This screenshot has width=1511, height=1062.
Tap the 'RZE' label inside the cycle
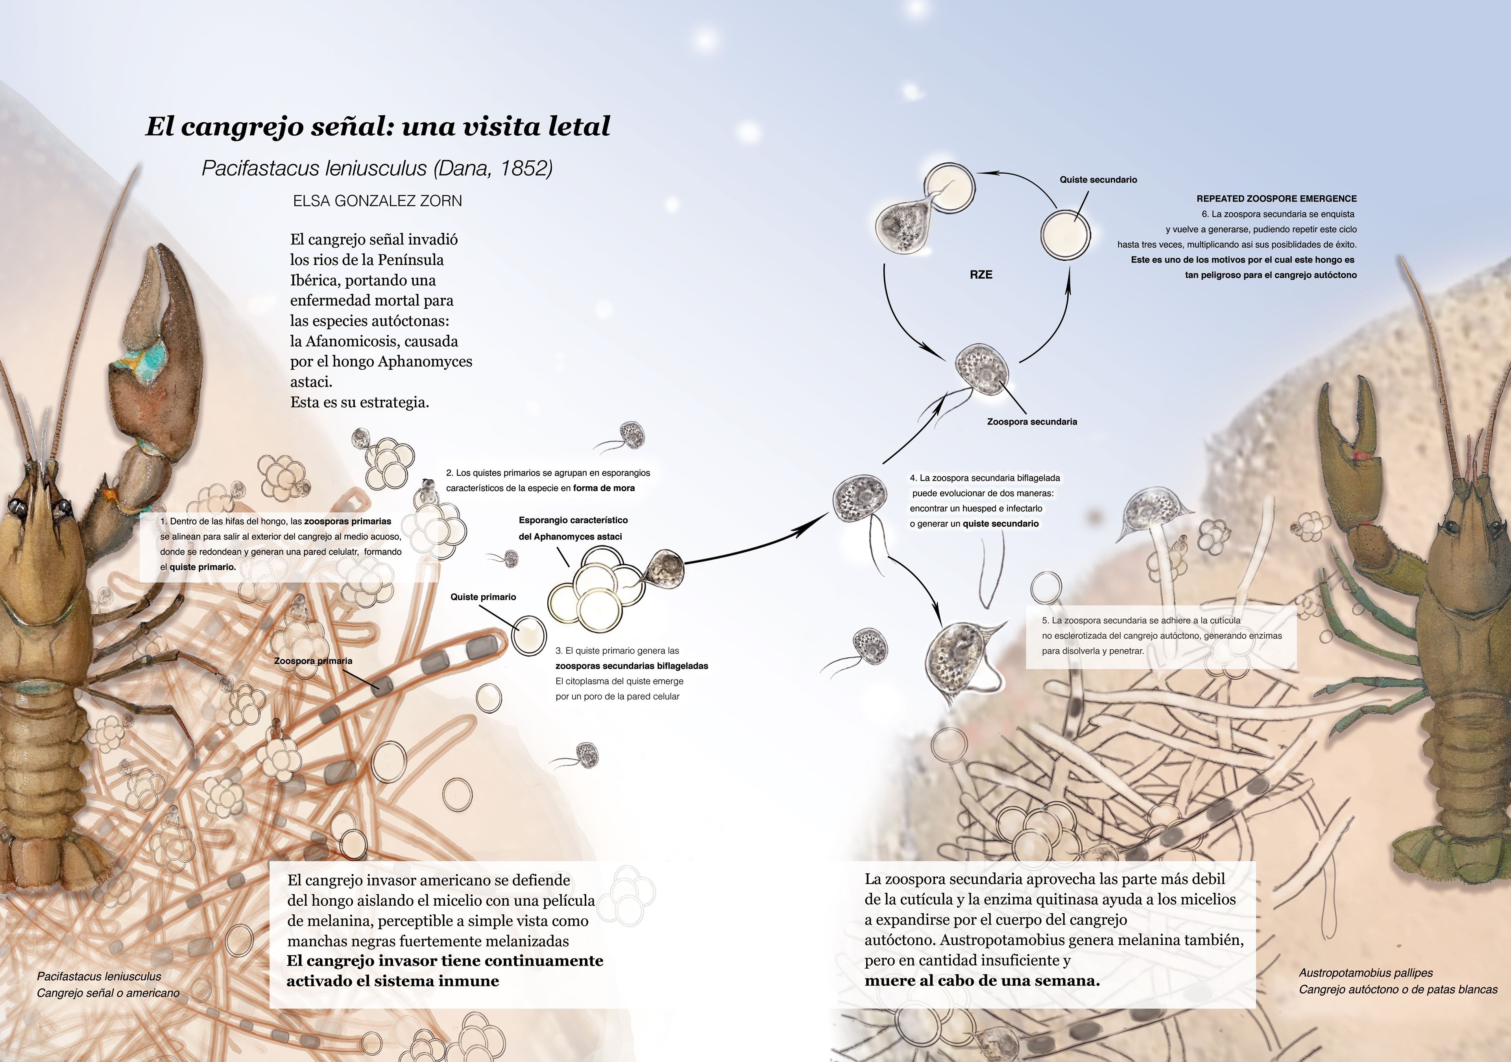[981, 274]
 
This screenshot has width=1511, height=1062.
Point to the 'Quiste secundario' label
[1098, 180]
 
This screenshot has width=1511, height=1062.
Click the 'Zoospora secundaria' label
[1031, 421]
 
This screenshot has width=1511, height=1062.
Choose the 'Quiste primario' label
[483, 597]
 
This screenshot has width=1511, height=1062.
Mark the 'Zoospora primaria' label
[313, 661]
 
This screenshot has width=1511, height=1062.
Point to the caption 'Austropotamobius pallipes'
[1365, 973]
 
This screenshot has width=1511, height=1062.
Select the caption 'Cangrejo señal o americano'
[108, 993]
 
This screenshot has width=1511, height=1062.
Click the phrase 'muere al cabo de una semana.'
[982, 980]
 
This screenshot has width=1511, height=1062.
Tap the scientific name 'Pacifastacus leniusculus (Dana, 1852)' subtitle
[377, 169]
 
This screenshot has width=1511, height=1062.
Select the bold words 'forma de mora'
[604, 488]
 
